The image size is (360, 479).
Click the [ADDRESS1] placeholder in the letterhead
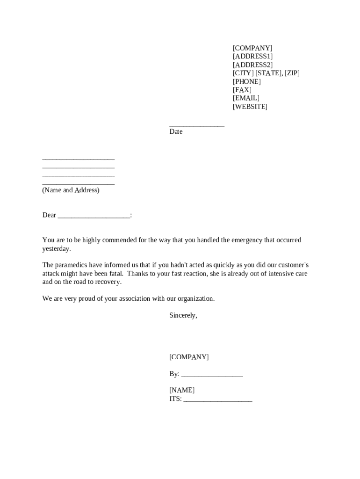pyautogui.click(x=252, y=57)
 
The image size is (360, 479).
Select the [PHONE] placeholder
pyautogui.click(x=247, y=81)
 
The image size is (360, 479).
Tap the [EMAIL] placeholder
pyautogui.click(x=246, y=98)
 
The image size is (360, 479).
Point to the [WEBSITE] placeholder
pyautogui.click(x=250, y=107)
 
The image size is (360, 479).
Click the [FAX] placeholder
pyautogui.click(x=242, y=90)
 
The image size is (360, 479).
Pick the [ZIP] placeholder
pyautogui.click(x=292, y=73)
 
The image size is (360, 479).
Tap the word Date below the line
pyautogui.click(x=176, y=132)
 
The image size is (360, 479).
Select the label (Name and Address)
pyautogui.click(x=71, y=190)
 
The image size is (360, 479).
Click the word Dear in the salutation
pyautogui.click(x=49, y=215)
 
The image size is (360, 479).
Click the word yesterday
pyautogui.click(x=56, y=249)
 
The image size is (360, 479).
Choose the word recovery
pyautogui.click(x=108, y=282)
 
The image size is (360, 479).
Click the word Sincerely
pyautogui.click(x=183, y=316)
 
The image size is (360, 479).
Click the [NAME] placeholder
pyautogui.click(x=182, y=390)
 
